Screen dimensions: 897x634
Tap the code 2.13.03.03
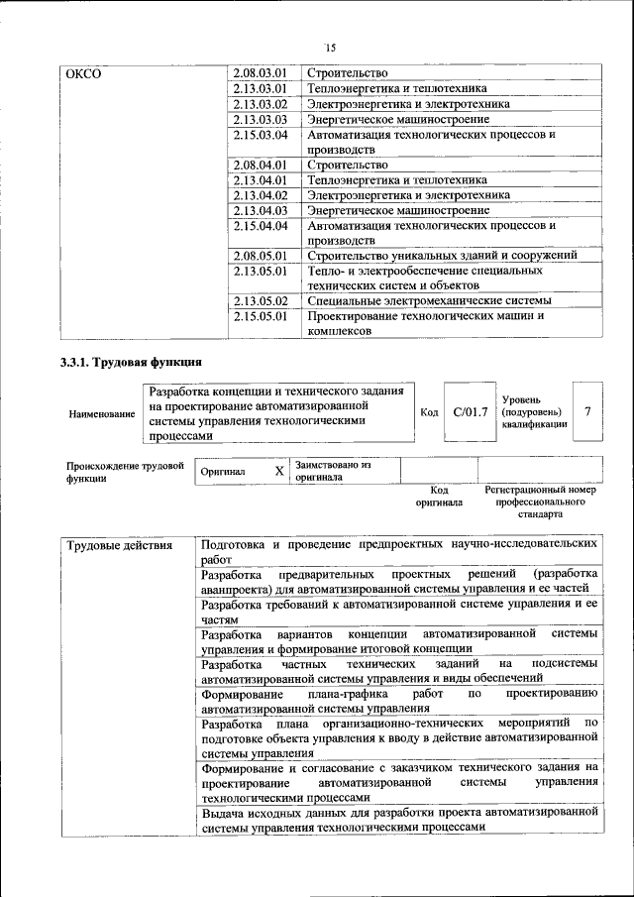click(261, 119)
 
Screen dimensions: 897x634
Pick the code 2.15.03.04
click(261, 135)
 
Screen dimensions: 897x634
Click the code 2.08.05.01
click(261, 256)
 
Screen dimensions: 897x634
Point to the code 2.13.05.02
click(261, 301)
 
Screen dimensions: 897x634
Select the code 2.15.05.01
click(261, 317)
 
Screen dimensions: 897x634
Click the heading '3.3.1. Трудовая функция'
click(132, 363)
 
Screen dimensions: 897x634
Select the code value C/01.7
click(471, 411)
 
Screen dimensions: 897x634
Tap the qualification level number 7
click(589, 411)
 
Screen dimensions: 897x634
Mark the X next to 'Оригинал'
click(279, 471)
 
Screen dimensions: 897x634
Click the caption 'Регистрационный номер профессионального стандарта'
click(540, 503)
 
